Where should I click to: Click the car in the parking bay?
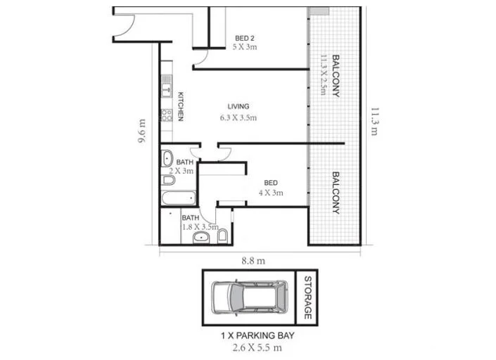point(248,297)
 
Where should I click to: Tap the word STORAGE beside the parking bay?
point(307,298)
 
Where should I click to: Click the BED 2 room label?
point(244,39)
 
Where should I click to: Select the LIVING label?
point(238,107)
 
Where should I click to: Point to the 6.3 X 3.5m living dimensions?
point(237,117)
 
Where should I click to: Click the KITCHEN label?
point(181,107)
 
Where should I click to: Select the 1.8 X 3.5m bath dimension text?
point(201,227)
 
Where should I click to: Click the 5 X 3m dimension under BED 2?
point(245,48)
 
